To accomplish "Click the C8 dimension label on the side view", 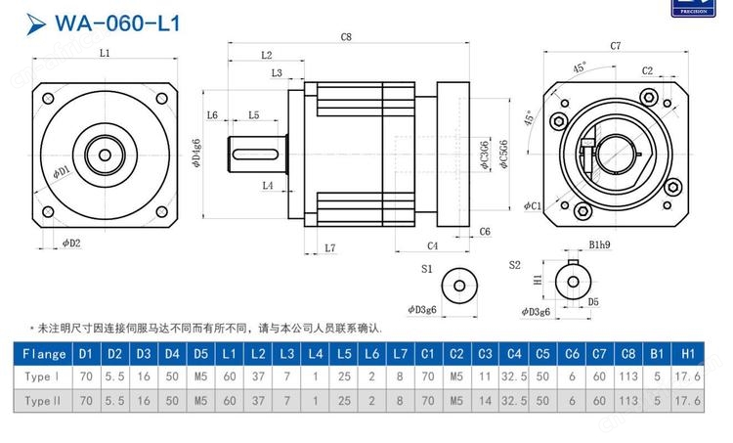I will click(346, 36).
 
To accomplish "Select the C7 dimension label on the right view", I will click(616, 46).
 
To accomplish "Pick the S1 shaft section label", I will click(426, 267).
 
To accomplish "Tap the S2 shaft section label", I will click(515, 264).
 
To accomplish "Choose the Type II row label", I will click(44, 400).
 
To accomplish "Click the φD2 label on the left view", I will click(70, 243).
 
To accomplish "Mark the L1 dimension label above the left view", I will click(105, 53).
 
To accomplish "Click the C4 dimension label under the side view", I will click(431, 245).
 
